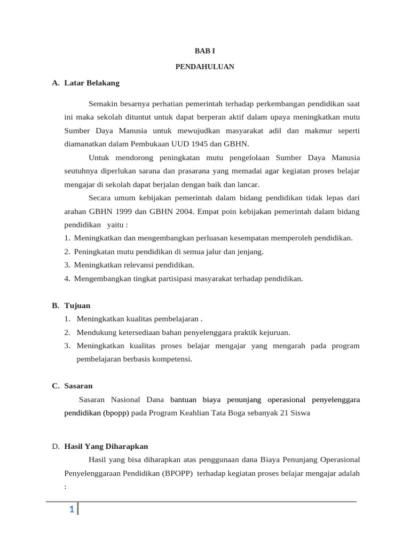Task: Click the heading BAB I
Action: (x=204, y=51)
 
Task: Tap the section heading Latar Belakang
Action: (x=92, y=83)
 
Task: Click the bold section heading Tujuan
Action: (x=77, y=306)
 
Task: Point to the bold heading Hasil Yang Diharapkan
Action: (x=106, y=446)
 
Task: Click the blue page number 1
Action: (x=71, y=510)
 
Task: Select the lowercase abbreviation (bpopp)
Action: (x=116, y=413)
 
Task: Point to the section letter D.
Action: (x=55, y=446)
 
